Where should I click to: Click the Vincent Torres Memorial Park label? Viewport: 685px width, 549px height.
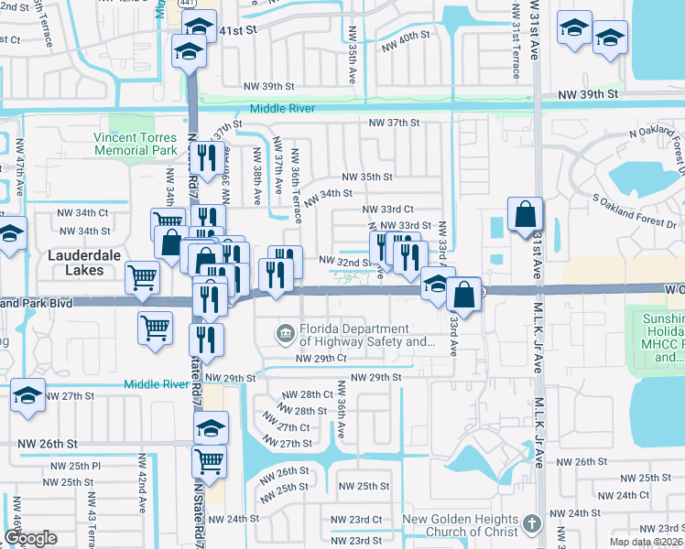135,144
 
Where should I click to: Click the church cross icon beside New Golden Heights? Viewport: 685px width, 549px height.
532,525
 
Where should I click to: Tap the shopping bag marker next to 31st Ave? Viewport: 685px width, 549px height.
526,215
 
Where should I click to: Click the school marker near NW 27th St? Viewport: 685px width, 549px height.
28,396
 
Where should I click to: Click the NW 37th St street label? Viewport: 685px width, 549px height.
394,123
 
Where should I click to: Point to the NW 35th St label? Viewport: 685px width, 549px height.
367,177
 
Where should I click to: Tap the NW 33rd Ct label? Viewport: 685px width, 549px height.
391,210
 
